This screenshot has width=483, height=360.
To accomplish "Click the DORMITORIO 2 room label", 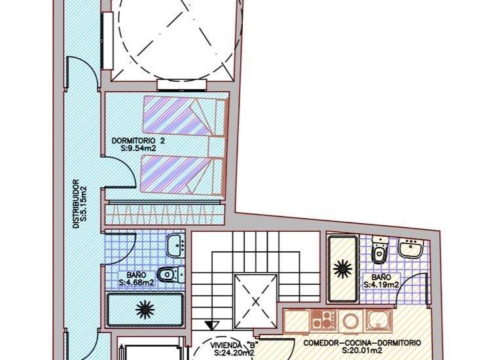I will coord(138,140).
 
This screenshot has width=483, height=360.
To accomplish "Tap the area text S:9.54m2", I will coord(138,149).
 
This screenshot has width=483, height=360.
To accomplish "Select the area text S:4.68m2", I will coord(135,283).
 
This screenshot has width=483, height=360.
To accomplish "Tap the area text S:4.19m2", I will coord(382,284).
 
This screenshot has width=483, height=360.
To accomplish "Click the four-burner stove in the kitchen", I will coord(323,321).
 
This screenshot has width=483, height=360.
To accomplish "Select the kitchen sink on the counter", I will coord(378,320).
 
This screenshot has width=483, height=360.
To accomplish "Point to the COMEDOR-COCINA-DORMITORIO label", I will coord(362,343).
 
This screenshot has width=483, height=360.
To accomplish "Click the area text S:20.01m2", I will coord(362,351).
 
